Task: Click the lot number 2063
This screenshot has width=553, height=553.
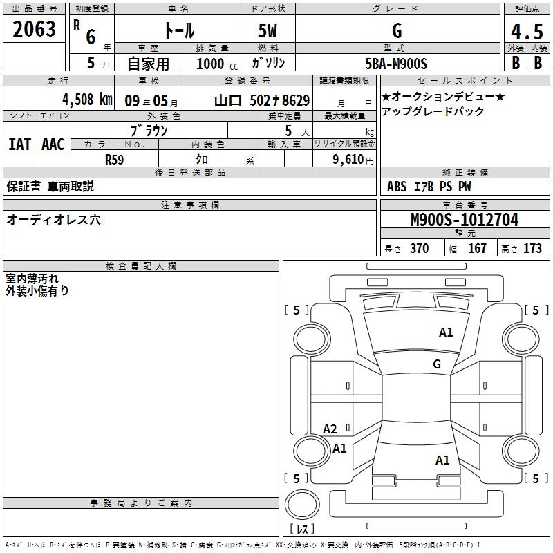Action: coord(35,30)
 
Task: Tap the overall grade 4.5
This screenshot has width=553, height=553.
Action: coord(525,31)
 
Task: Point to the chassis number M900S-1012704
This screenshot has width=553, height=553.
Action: coord(464,220)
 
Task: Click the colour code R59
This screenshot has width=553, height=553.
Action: coord(114,158)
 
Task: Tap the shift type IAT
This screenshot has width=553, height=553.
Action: coord(19,144)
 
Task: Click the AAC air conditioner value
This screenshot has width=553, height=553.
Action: coord(53,144)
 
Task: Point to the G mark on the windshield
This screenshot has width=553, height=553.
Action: coord(436,364)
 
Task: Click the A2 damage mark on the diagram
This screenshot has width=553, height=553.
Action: coord(330,429)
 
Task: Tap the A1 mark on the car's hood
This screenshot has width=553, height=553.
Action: coord(446,332)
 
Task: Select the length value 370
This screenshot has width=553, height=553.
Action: coord(419,249)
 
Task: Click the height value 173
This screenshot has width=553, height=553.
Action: coord(532,249)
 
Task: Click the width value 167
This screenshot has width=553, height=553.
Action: coord(477,249)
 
